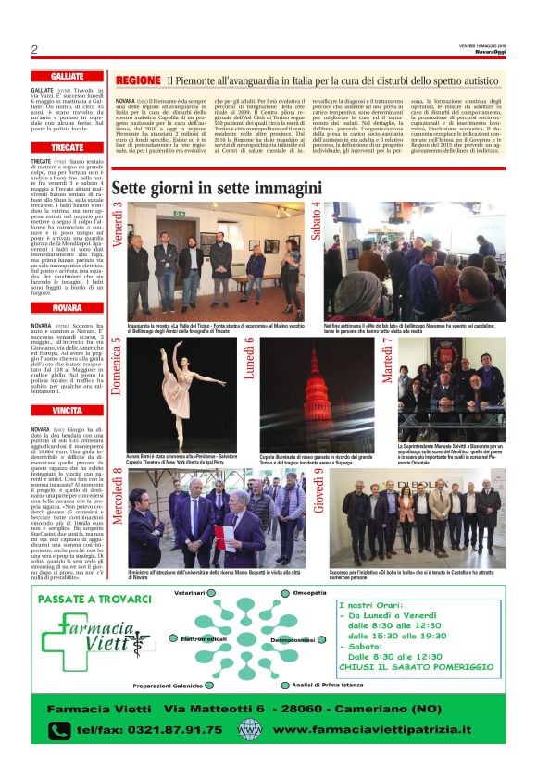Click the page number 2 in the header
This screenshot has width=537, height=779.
click(34, 49)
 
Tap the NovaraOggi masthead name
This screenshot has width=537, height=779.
click(489, 53)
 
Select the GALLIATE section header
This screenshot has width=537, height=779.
click(68, 77)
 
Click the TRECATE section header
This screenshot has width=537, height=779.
click(68, 148)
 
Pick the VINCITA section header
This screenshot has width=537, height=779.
click(68, 410)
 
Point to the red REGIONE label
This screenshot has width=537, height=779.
click(139, 81)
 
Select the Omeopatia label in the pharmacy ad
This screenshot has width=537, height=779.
click(312, 592)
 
